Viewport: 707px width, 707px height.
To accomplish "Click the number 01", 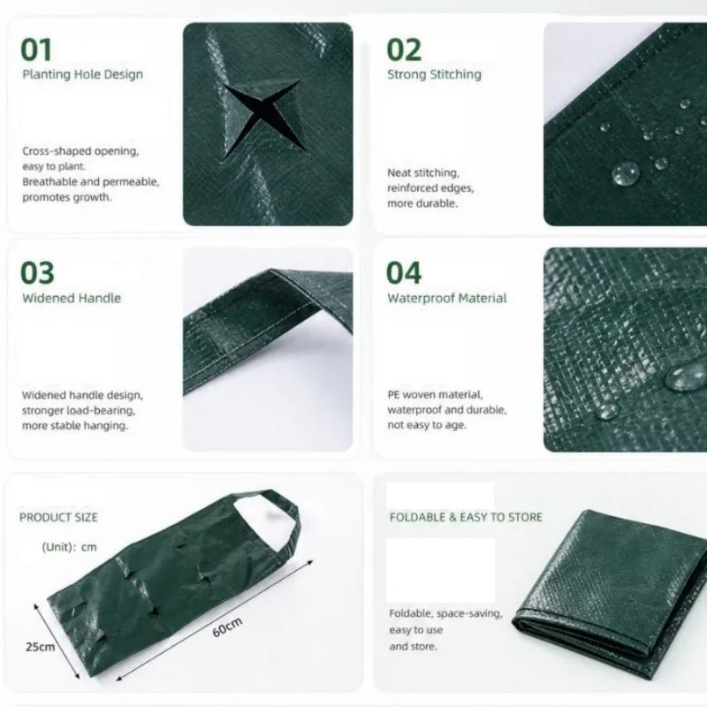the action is click(36, 49).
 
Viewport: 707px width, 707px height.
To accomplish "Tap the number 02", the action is click(404, 49).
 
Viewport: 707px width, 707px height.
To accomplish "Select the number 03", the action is click(37, 272).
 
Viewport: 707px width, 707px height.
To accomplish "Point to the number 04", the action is click(404, 272).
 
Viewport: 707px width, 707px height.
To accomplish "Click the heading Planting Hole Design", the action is click(82, 74).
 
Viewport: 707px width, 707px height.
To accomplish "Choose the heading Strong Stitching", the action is click(434, 74).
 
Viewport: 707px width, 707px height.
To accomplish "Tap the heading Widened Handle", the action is click(72, 298).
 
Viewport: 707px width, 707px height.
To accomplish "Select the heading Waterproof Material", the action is click(447, 298).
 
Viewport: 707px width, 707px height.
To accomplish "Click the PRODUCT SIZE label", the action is click(58, 517).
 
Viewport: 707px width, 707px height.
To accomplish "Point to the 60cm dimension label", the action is click(227, 627).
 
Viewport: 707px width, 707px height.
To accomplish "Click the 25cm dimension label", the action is click(40, 647).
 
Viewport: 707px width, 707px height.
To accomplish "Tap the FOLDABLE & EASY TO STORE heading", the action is click(466, 517).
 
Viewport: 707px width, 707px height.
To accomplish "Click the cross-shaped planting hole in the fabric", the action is click(262, 118).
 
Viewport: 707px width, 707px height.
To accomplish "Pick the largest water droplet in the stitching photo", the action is click(626, 173).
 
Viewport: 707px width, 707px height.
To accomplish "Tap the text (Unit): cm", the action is click(70, 547).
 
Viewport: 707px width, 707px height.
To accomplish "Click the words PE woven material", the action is click(435, 394).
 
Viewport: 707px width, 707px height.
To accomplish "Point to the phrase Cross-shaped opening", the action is click(80, 151).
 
